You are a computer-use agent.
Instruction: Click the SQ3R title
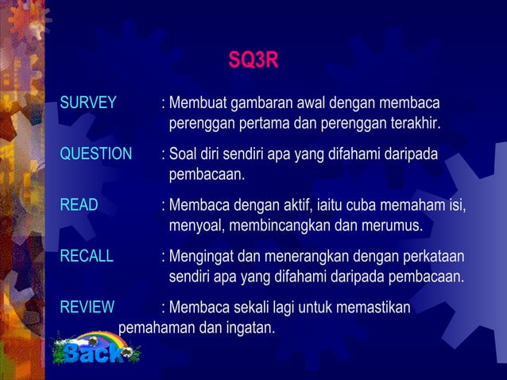pyautogui.click(x=253, y=60)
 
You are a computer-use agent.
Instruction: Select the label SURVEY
pyautogui.click(x=88, y=104)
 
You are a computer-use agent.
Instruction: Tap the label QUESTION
pyautogui.click(x=96, y=154)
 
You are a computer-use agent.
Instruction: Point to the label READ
pyautogui.click(x=79, y=205)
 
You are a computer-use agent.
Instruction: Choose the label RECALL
pyautogui.click(x=87, y=256)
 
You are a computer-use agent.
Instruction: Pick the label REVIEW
pyautogui.click(x=87, y=307)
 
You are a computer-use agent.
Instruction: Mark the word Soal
pyautogui.click(x=184, y=154)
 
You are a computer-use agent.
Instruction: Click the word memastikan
pyautogui.click(x=373, y=307)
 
